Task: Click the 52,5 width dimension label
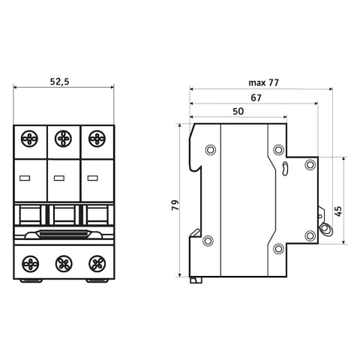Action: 59,82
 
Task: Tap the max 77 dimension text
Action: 263,82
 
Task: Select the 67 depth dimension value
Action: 256,97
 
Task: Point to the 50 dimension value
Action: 238,111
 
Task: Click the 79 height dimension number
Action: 175,205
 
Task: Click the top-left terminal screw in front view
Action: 29,139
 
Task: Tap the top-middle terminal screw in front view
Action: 63,139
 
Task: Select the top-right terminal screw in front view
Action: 97,139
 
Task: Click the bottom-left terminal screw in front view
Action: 31,264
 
